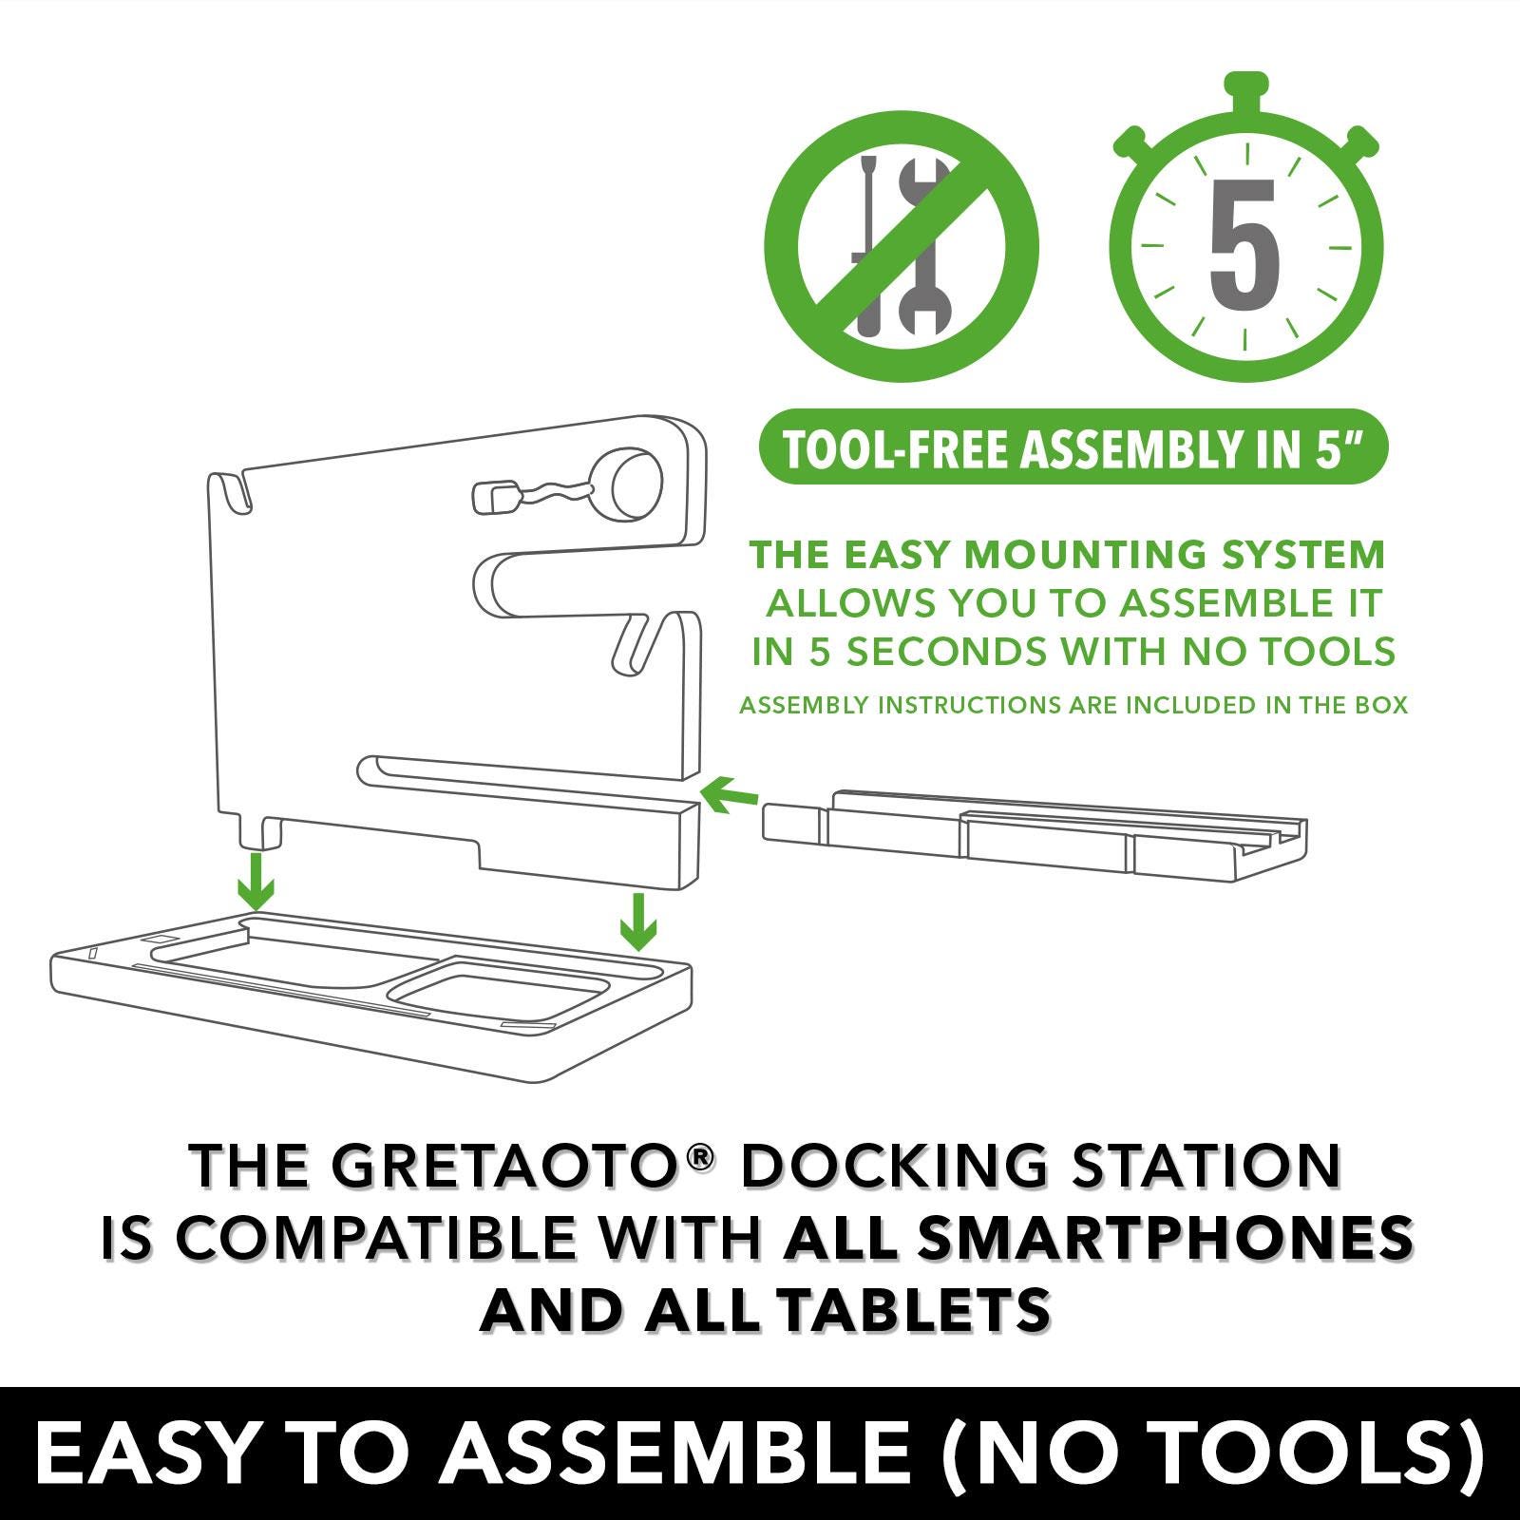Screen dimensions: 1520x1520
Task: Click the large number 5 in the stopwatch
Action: point(1244,244)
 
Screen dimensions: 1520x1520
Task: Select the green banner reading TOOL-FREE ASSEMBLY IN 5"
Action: point(1073,447)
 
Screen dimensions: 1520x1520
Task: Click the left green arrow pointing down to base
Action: point(256,882)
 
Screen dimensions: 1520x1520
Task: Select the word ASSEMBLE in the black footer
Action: point(674,1453)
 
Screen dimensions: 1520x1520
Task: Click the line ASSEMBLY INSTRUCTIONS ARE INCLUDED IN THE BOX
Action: point(1073,705)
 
